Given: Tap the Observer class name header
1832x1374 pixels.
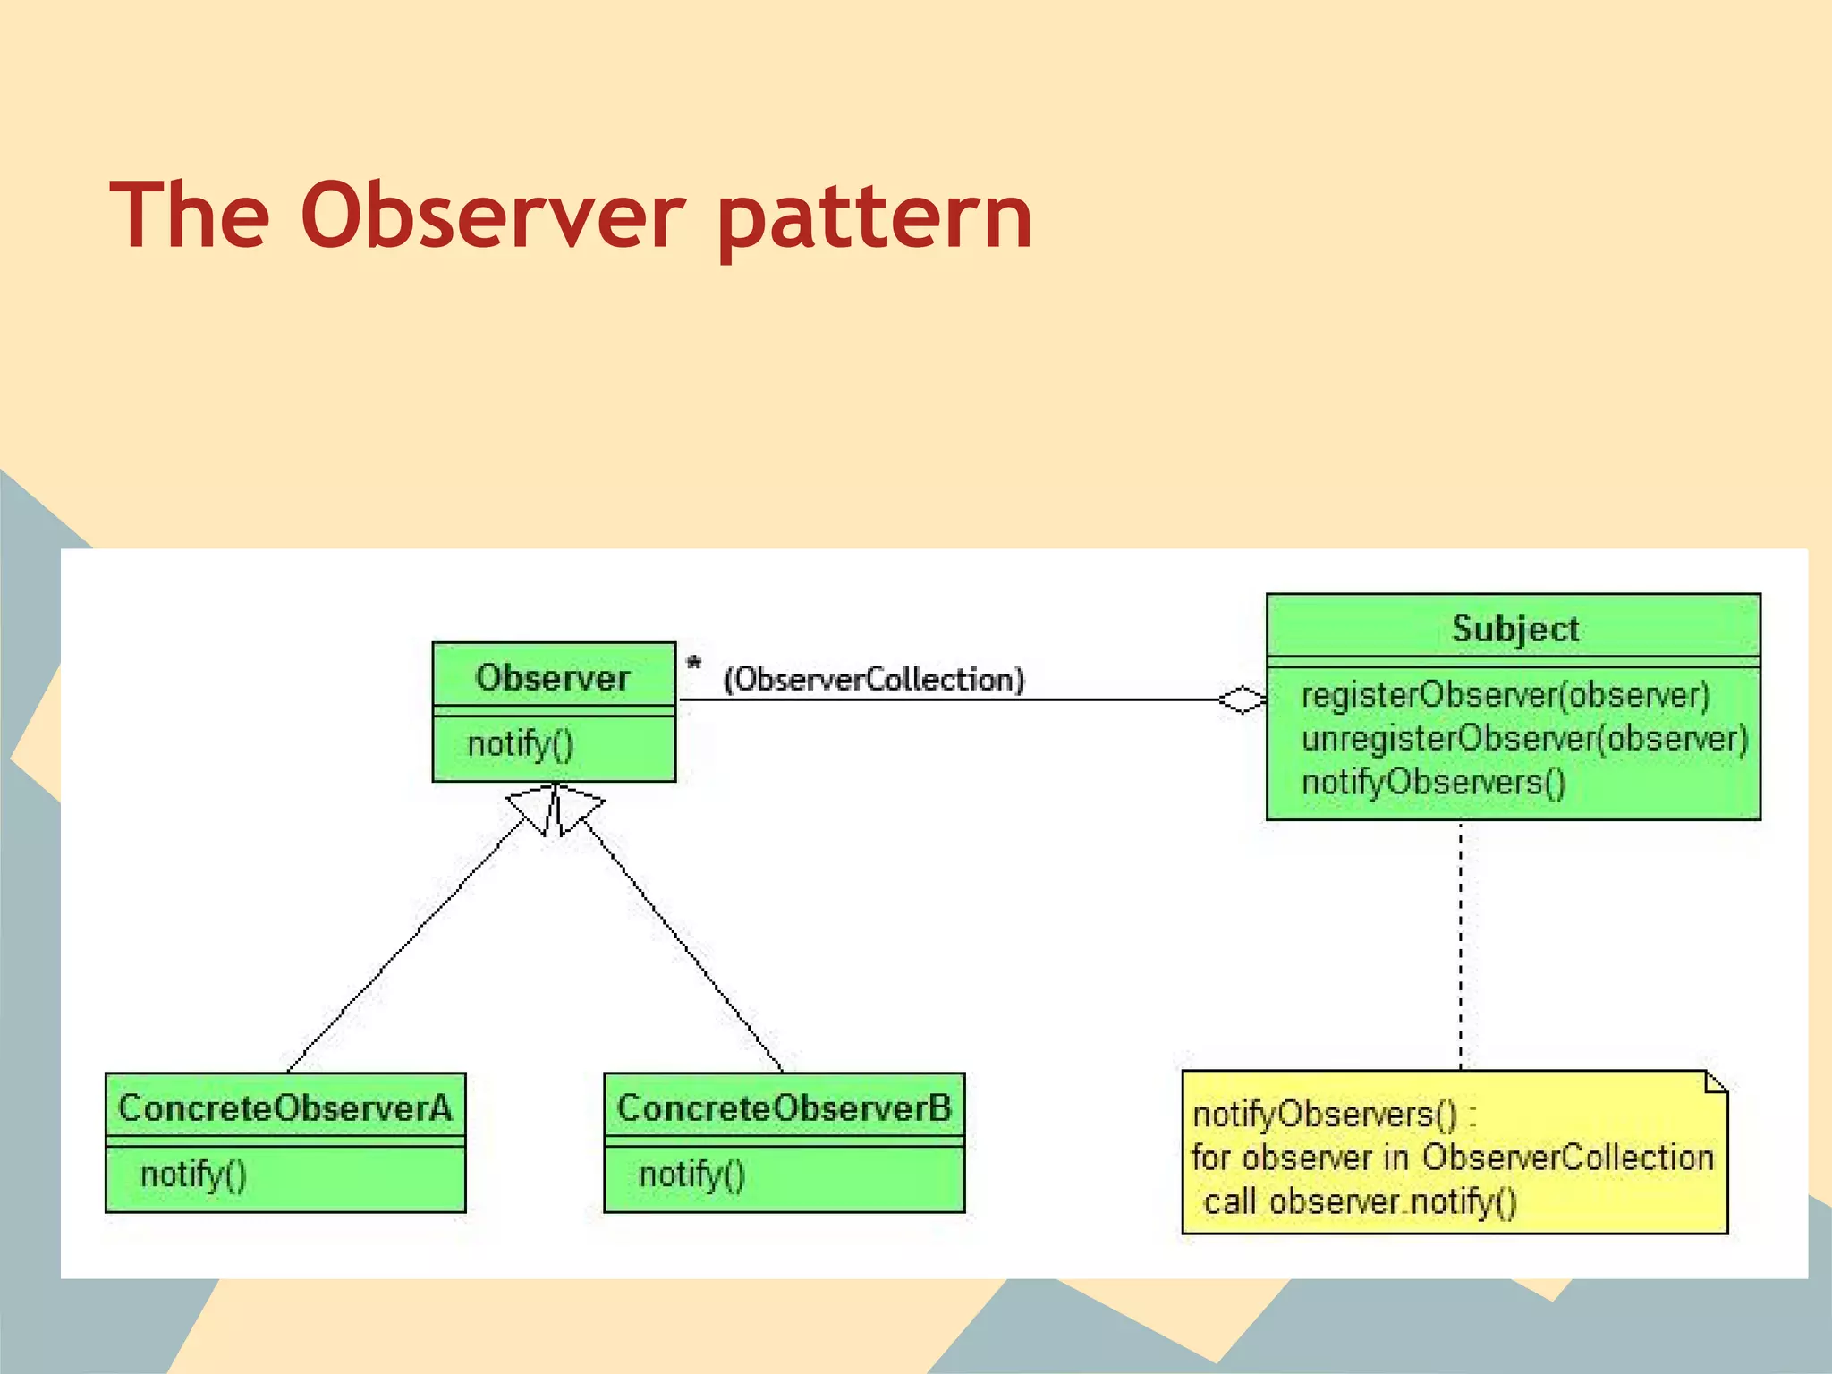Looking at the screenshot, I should [553, 677].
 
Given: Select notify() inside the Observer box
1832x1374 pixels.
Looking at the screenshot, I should [521, 744].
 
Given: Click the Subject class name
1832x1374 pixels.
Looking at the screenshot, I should [1514, 629].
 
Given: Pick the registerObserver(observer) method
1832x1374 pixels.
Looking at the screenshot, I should [1505, 695].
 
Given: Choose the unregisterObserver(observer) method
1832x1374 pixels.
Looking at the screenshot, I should [1524, 739].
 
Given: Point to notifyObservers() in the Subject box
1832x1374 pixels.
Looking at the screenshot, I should [1433, 783].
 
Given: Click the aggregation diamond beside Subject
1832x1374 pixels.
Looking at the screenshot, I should [1242, 700].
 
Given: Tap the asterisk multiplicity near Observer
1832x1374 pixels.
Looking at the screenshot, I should [693, 665].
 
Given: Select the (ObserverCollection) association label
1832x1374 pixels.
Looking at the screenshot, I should [874, 680].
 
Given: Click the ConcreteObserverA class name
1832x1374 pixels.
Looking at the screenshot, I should [285, 1108].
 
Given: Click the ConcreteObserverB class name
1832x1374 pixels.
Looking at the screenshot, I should [784, 1108].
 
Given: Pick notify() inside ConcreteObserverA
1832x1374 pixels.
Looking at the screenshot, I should [193, 1175].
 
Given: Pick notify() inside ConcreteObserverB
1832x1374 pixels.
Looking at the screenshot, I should [691, 1175].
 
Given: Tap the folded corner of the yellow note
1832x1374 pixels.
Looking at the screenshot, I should [1716, 1082].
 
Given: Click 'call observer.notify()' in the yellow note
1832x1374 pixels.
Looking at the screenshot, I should [1360, 1201].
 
